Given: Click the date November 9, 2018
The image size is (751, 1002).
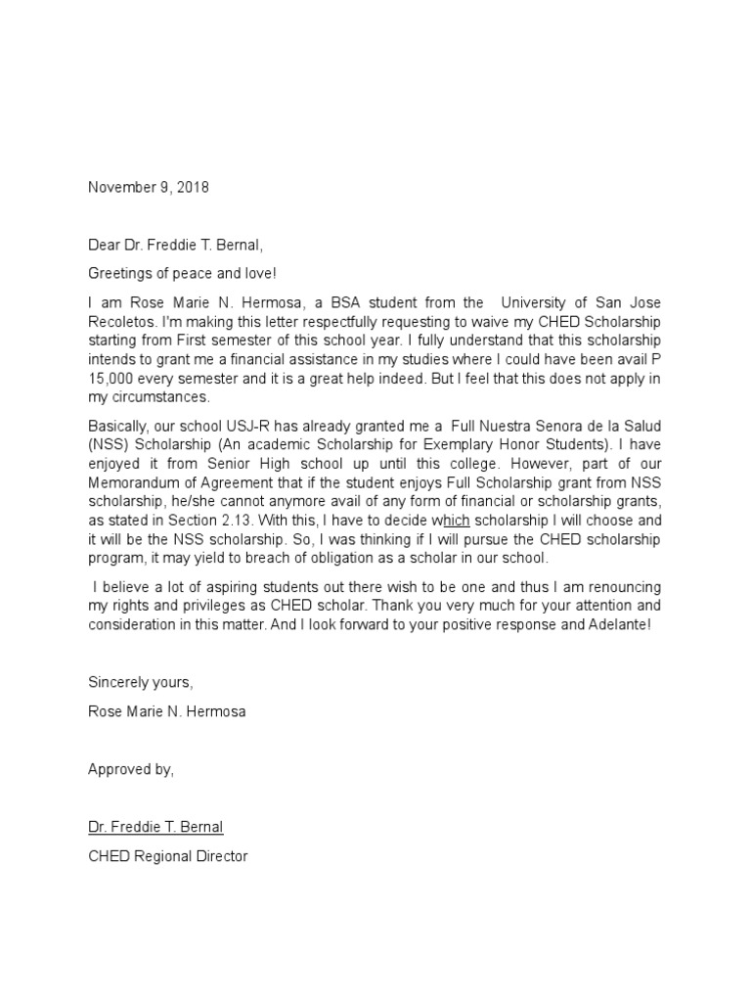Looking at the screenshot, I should [x=148, y=188].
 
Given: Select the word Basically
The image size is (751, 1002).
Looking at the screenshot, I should [x=120, y=428].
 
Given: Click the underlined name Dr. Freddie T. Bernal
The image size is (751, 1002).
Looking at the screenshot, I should [x=155, y=827].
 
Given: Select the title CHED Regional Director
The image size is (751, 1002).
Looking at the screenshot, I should [x=168, y=856].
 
